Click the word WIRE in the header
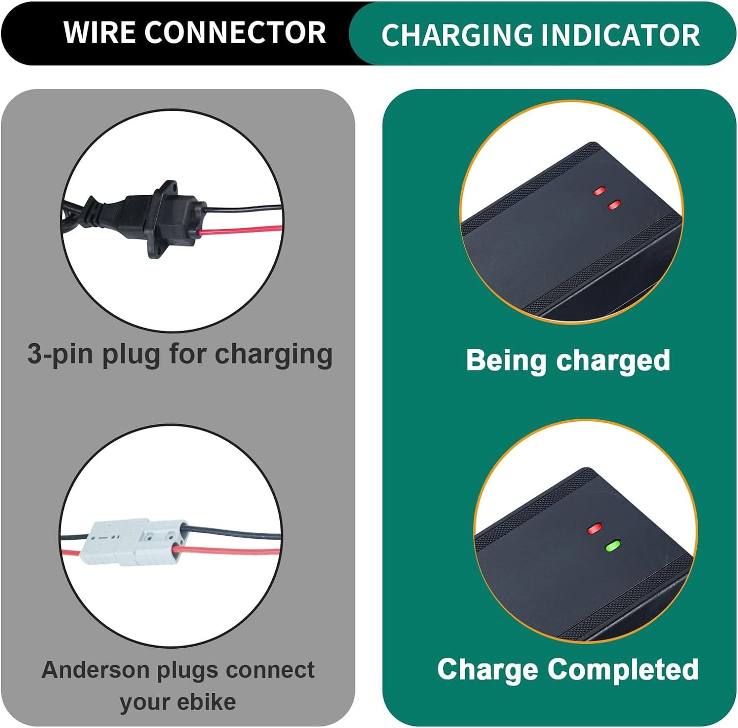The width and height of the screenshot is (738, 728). tap(100, 33)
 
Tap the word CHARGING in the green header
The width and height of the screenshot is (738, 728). tap(457, 35)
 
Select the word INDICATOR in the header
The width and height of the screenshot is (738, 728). tap(620, 35)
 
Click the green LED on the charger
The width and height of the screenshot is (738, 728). tap(612, 546)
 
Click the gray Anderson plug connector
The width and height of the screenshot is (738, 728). tap(135, 542)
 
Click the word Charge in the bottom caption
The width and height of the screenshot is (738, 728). tap(488, 670)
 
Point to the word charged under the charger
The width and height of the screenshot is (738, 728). tap(613, 361)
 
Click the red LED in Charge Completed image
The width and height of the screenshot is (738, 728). tap(594, 529)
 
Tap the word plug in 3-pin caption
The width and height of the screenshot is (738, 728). tap(131, 355)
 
